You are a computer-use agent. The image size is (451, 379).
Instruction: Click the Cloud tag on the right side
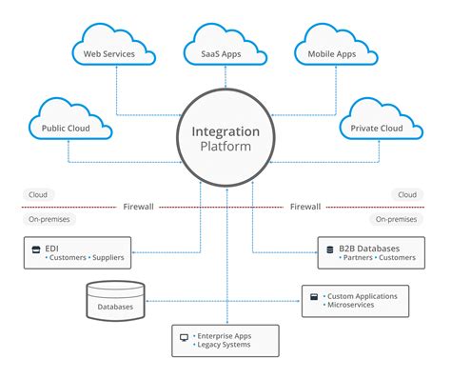[407, 194]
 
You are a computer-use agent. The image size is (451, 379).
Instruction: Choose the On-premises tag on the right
[396, 218]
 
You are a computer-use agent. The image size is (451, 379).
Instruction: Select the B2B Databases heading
[368, 248]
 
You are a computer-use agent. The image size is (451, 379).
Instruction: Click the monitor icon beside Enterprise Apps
[185, 337]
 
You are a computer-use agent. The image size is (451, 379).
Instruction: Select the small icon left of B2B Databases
[329, 248]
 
